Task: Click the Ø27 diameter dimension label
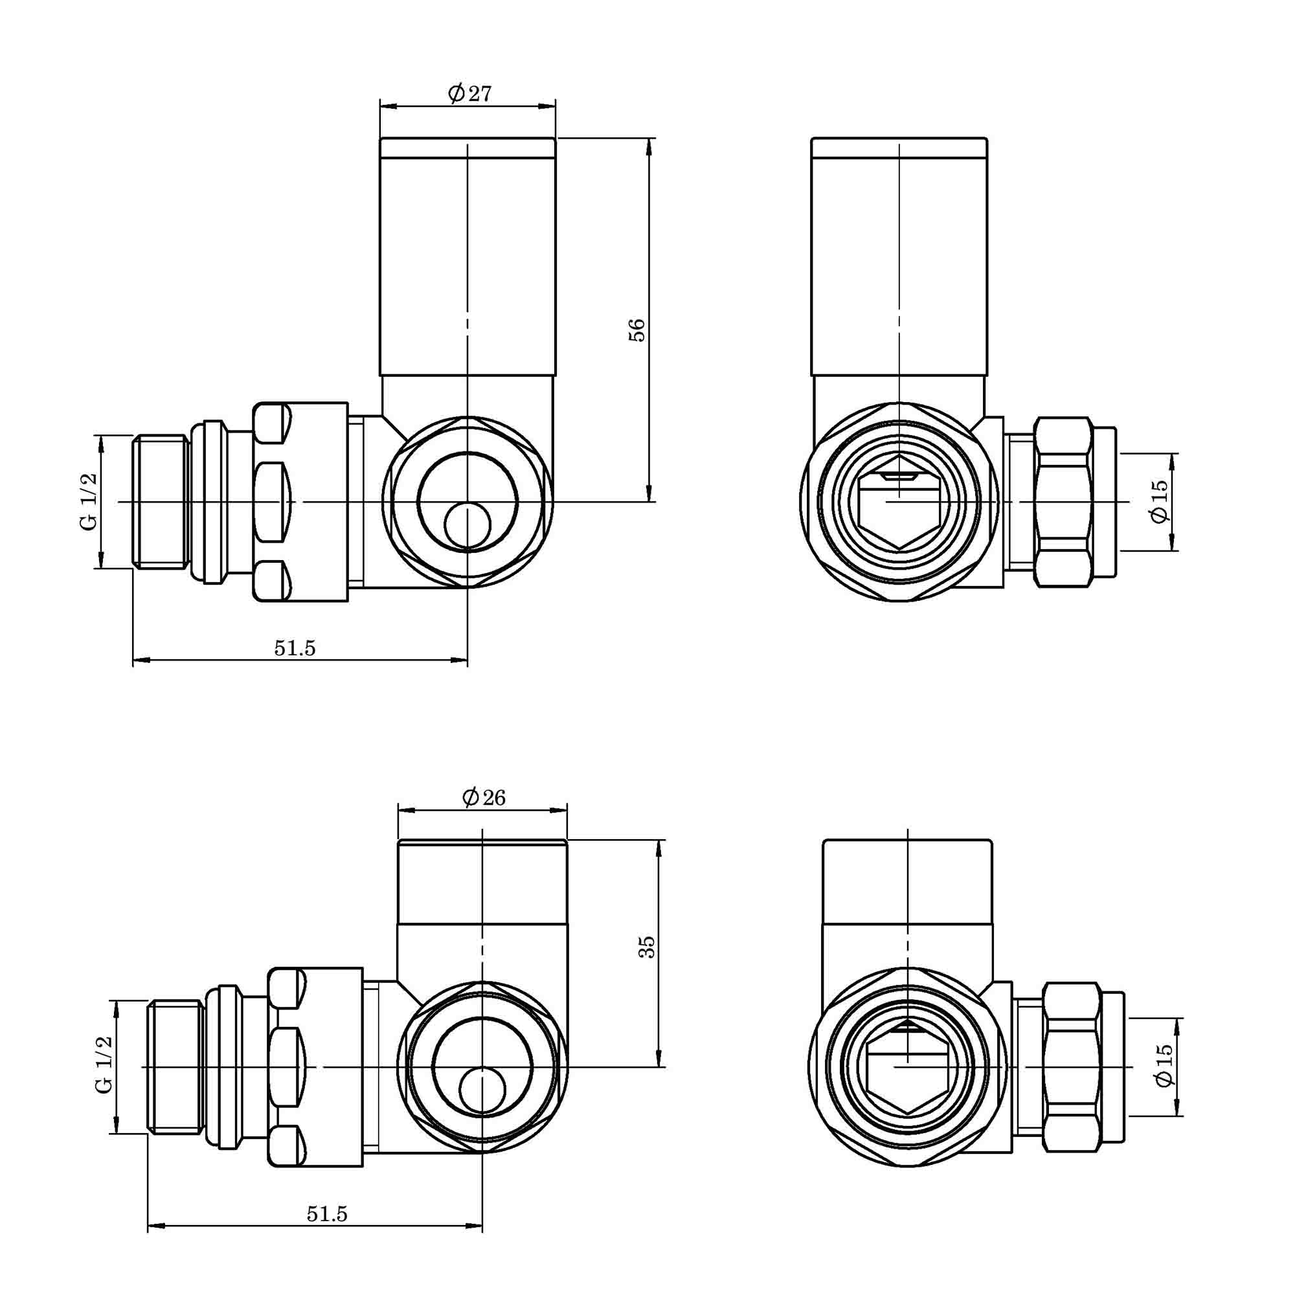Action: pos(470,93)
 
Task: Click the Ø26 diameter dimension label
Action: pos(484,797)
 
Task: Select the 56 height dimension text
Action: pos(636,330)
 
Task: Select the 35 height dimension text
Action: pos(646,947)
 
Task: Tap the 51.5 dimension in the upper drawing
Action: pos(294,648)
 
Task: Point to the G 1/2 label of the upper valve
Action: pos(89,501)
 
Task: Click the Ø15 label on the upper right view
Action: pos(1160,501)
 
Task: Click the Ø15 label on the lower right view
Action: pos(1165,1065)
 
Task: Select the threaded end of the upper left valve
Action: pos(159,501)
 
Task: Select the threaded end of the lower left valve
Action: pos(175,1066)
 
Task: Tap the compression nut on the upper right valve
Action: pos(1063,501)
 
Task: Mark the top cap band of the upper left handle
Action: pos(467,148)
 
